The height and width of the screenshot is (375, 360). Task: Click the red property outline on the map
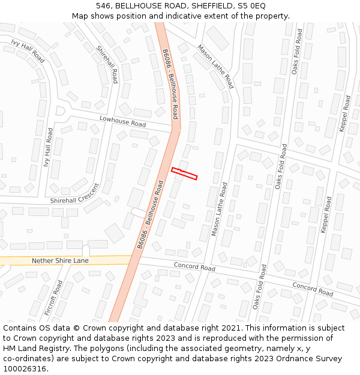pos(184,173)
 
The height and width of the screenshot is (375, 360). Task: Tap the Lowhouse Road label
pos(122,122)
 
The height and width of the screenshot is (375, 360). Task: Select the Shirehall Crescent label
pos(74,199)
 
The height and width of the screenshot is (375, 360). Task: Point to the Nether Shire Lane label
pos(60,261)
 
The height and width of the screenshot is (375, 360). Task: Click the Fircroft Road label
pos(53,298)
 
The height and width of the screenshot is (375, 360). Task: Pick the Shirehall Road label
pos(107,65)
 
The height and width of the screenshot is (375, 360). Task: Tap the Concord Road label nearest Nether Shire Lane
pos(194,266)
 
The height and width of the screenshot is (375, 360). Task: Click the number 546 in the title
pos(104,5)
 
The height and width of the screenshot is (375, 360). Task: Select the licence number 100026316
pos(25,369)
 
